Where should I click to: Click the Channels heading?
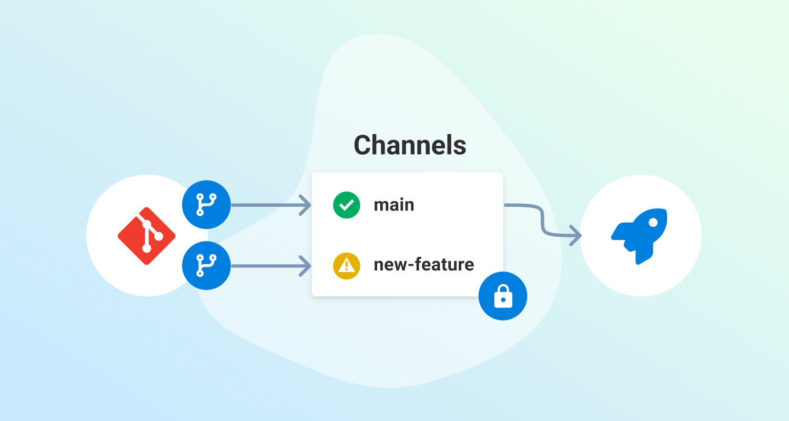(x=410, y=145)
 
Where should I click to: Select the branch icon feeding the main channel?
(x=206, y=205)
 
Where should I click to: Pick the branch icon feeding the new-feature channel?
(x=206, y=266)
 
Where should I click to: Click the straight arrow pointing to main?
(x=271, y=205)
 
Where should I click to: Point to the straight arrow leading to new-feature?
(x=271, y=266)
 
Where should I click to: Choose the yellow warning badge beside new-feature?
(x=347, y=265)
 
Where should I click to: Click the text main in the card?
(x=394, y=205)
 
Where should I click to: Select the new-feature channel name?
(x=423, y=264)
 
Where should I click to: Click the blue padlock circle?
(x=503, y=296)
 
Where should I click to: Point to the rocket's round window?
(x=653, y=222)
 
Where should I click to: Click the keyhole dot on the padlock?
(x=503, y=300)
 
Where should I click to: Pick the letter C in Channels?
(x=363, y=145)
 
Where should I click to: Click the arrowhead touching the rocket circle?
(x=576, y=235)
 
